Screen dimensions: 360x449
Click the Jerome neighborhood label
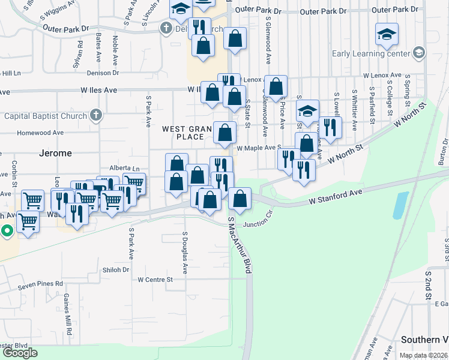point(55,153)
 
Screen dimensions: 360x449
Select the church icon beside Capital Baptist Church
point(95,115)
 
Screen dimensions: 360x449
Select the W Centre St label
point(155,280)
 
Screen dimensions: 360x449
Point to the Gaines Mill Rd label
point(68,314)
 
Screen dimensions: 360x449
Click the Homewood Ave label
point(40,133)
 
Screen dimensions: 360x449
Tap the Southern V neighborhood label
point(424,339)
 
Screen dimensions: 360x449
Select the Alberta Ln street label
point(124,169)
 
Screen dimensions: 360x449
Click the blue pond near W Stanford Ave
point(398,205)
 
